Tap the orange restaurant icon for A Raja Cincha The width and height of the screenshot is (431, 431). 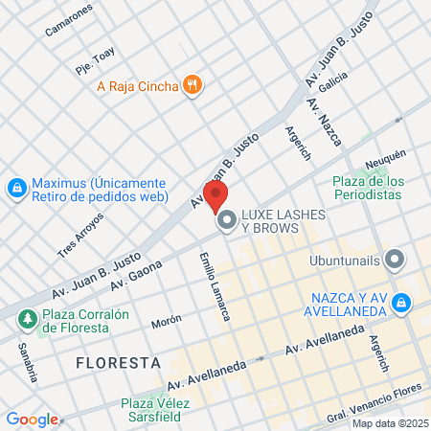click(193, 86)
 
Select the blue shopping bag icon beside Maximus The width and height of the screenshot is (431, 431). click(16, 189)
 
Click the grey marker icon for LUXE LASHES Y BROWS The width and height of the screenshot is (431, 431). click(227, 222)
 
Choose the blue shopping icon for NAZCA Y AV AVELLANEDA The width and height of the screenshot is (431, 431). click(403, 303)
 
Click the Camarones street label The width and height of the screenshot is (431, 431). click(69, 20)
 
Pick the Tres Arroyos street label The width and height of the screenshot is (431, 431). click(80, 235)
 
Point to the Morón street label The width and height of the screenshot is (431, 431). click(166, 322)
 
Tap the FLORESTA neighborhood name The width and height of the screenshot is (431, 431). click(119, 364)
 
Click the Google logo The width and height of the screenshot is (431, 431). click(32, 419)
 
